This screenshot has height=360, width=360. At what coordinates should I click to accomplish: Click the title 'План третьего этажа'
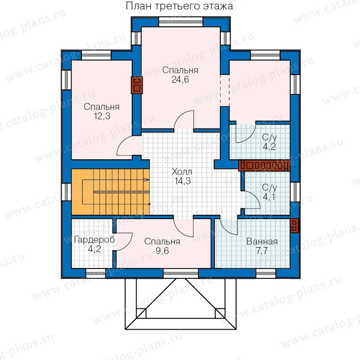(x=179, y=6)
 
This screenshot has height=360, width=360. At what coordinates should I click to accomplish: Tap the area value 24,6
(x=180, y=80)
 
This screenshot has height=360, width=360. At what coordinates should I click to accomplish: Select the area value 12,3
(x=102, y=116)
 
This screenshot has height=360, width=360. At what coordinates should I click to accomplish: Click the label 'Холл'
(x=182, y=172)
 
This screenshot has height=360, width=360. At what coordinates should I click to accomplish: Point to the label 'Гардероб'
(x=94, y=240)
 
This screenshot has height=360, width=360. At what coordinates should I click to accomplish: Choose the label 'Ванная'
(x=262, y=242)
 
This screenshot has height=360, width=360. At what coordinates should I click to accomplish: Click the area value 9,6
(x=162, y=251)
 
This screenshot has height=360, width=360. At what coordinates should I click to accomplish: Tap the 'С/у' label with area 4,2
(x=270, y=138)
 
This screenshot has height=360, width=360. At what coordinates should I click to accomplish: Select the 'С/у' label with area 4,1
(x=270, y=188)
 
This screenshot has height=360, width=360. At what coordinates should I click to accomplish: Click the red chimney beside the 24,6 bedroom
(x=137, y=85)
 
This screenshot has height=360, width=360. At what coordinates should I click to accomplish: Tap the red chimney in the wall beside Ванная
(x=294, y=226)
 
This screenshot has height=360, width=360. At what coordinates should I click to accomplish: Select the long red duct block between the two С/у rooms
(x=264, y=166)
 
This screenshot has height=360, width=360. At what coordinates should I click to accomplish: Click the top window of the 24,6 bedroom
(x=181, y=22)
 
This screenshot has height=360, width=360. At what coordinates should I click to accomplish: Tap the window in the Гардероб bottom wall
(x=96, y=274)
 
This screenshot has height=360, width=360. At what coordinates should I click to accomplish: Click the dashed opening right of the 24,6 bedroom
(x=225, y=90)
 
